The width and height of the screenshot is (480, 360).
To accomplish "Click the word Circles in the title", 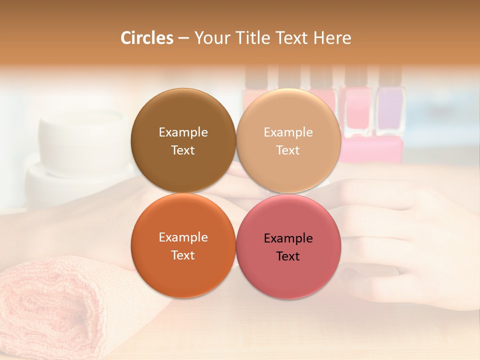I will [146, 38].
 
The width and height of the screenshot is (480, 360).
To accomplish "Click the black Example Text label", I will [288, 247].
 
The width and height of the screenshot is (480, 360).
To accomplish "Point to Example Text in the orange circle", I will [183, 246].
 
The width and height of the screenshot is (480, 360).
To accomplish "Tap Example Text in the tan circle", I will [288, 141].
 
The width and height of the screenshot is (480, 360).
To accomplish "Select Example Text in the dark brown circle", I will [183, 141].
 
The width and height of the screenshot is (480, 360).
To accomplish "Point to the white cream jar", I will [82, 145].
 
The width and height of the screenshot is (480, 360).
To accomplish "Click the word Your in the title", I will [212, 38].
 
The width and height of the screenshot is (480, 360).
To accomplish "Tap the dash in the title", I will [183, 38].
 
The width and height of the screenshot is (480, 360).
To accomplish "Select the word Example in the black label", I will [288, 238].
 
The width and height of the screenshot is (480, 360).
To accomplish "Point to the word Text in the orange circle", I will [183, 255].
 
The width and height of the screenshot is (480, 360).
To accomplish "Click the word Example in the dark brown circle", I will [183, 132].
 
